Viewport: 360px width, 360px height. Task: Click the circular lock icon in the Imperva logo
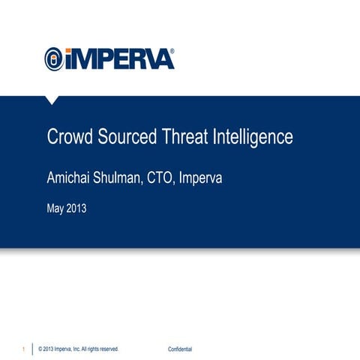pos(55,59)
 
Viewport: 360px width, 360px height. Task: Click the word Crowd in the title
pos(67,138)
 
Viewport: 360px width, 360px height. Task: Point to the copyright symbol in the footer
pos(40,349)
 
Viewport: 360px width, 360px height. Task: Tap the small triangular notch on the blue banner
pos(52,99)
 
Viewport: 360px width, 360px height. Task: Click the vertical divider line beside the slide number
pos(32,349)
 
